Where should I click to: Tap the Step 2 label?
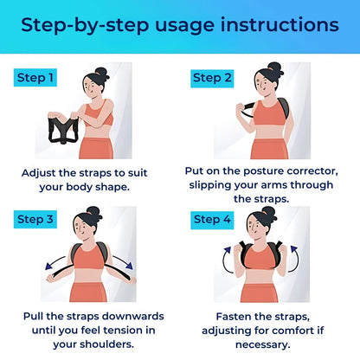pos(213,78)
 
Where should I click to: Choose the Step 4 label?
pos(213,220)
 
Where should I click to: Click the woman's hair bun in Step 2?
pos(274,67)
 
